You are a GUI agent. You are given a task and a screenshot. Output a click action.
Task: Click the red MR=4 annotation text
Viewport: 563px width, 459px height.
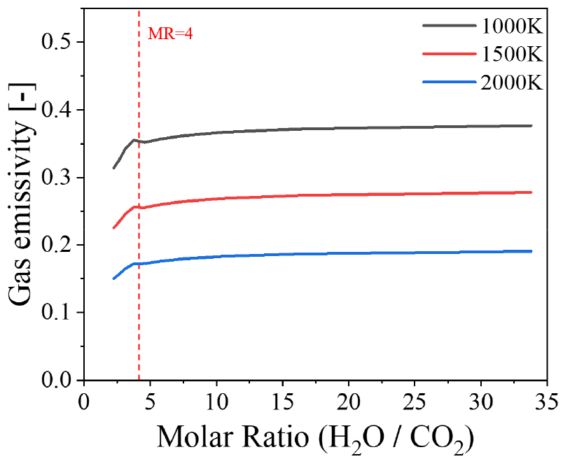pos(169,33)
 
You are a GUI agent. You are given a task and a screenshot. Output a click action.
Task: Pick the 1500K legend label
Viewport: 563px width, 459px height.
pos(511,54)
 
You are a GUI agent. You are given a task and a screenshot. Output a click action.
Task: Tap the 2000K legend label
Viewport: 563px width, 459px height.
pos(511,82)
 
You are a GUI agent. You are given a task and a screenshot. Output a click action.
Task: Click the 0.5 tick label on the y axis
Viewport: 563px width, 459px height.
pos(57,43)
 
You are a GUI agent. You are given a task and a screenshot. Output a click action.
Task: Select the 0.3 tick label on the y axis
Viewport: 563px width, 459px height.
pos(57,178)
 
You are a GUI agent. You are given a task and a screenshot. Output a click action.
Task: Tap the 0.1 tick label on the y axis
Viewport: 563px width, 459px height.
pos(57,313)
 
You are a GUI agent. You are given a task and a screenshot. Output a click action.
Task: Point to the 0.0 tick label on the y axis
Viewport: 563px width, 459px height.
pos(57,380)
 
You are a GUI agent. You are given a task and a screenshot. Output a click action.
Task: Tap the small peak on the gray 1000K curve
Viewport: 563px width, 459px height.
pos(134,140)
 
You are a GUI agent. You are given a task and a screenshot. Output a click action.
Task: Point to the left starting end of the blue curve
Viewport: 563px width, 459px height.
pos(113,278)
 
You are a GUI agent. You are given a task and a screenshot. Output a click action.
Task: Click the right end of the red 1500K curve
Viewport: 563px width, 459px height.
pos(531,192)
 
